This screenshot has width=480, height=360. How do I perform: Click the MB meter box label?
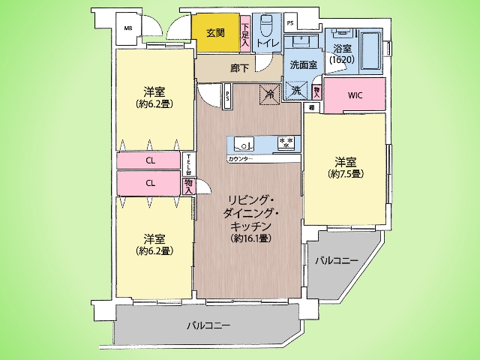coord(127,29)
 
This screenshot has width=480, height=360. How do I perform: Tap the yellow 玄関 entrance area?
coord(215,33)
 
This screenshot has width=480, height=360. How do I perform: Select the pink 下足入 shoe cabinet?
coord(245,34)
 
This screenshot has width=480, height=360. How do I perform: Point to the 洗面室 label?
coord(302,64)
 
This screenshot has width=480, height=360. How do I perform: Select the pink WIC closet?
coord(355,95)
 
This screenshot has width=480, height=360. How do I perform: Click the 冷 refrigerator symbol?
coord(269,93)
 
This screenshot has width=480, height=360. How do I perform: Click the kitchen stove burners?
coord(286,142)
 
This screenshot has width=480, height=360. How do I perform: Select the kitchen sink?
coord(243,142)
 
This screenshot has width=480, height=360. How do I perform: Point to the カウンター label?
coord(240,160)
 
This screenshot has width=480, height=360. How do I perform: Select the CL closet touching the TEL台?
coord(151,161)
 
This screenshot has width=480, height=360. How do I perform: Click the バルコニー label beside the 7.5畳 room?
coord(336,260)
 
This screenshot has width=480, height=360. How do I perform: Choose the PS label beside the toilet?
coord(289,22)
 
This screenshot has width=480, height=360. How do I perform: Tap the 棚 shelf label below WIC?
coord(311,108)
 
